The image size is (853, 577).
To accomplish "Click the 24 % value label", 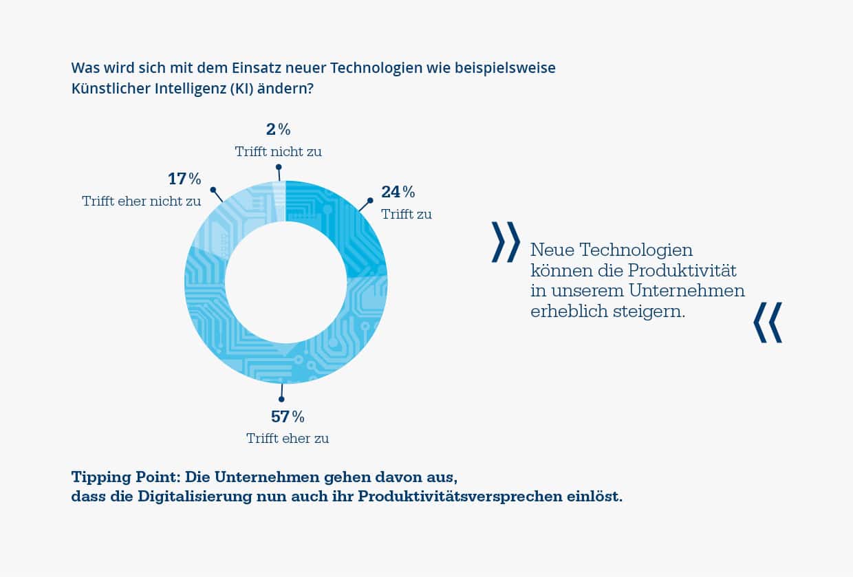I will coord(398,192).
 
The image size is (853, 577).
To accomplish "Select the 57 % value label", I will coord(287,417).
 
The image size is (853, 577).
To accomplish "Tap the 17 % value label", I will coord(184,179).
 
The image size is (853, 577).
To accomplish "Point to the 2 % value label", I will coord(278,129).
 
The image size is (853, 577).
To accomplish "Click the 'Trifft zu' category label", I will coord(407,214).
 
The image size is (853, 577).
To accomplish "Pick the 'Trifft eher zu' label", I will coord(288,439).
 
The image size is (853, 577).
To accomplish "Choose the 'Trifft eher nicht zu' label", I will coord(142,202).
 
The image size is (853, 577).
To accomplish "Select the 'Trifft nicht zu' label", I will coord(278,151).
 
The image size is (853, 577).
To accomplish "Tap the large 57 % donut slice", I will coord(275,361).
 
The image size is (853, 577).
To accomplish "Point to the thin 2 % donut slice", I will coord(279,200).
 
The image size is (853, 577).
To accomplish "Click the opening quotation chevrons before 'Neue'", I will coord(506,242).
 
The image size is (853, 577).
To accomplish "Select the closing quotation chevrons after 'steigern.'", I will coord(768,322).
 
